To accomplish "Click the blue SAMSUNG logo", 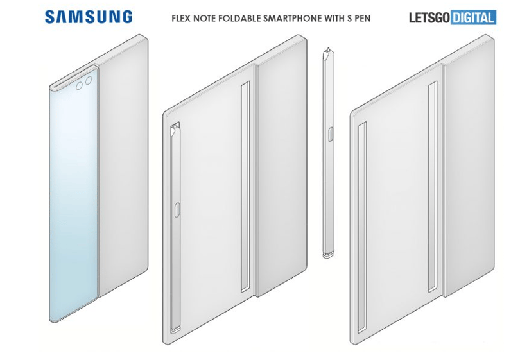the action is [89, 17].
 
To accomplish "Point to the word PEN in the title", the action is [363, 18].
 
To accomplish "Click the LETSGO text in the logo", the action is [429, 17].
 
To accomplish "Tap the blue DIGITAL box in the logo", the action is [473, 17].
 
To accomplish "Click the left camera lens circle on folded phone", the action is [80, 86].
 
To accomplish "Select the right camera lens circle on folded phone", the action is [89, 81].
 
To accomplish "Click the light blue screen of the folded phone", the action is [74, 196].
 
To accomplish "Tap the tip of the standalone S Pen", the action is [327, 49].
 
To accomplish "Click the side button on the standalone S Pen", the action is [331, 133].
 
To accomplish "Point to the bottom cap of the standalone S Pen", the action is [328, 255].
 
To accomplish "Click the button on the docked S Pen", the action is [177, 210].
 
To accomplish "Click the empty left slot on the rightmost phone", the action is [362, 227].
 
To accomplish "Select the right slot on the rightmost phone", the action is [433, 187].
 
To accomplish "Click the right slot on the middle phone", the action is [245, 187].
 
